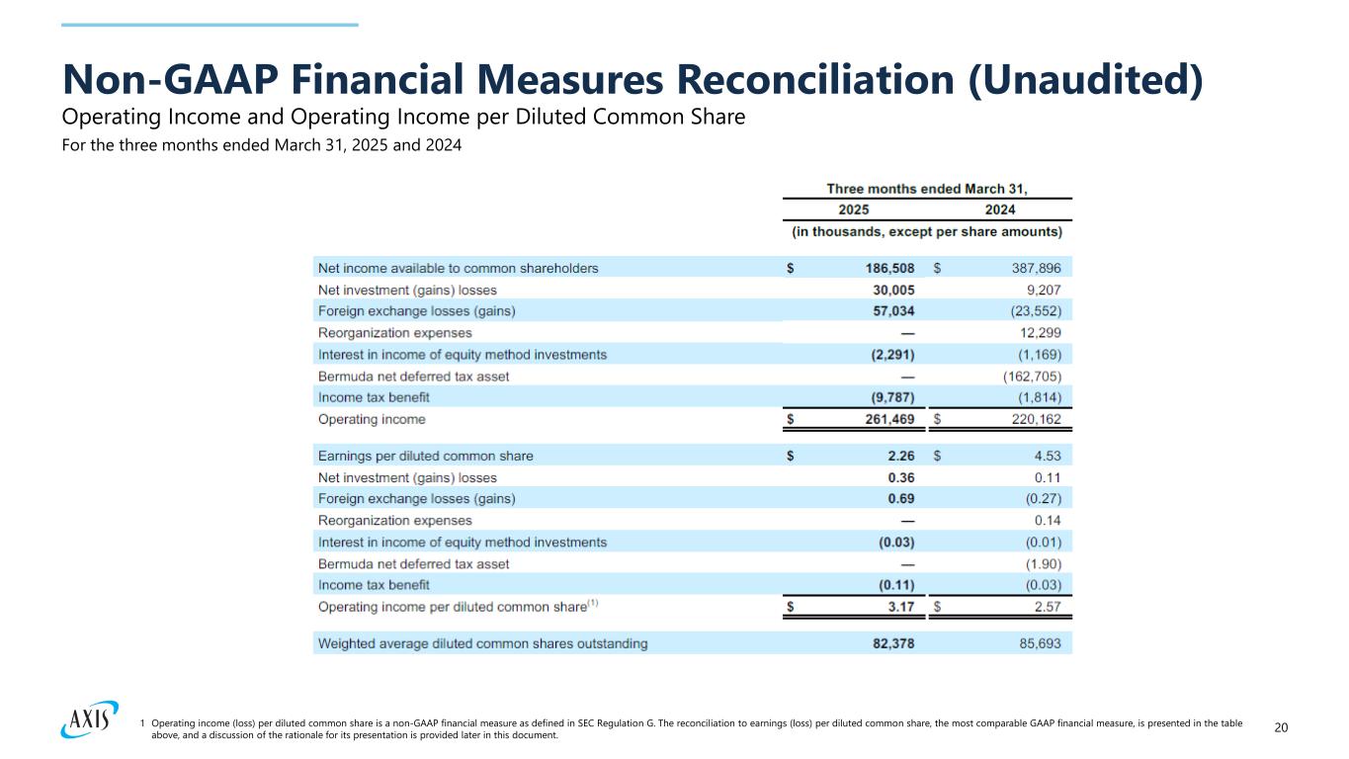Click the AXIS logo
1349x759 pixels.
pos(88,720)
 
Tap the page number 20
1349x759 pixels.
pos(1281,728)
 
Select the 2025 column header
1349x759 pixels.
pos(855,210)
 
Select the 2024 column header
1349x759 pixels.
pos(999,210)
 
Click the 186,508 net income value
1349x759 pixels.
pos(885,268)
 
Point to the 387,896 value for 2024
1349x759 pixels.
pos(1033,268)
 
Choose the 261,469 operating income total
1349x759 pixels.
pos(885,419)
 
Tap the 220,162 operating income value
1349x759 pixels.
pos(1033,419)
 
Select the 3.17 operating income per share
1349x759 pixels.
pos(900,607)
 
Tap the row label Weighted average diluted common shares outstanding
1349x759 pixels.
pos(482,643)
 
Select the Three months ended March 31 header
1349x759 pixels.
pos(927,188)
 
